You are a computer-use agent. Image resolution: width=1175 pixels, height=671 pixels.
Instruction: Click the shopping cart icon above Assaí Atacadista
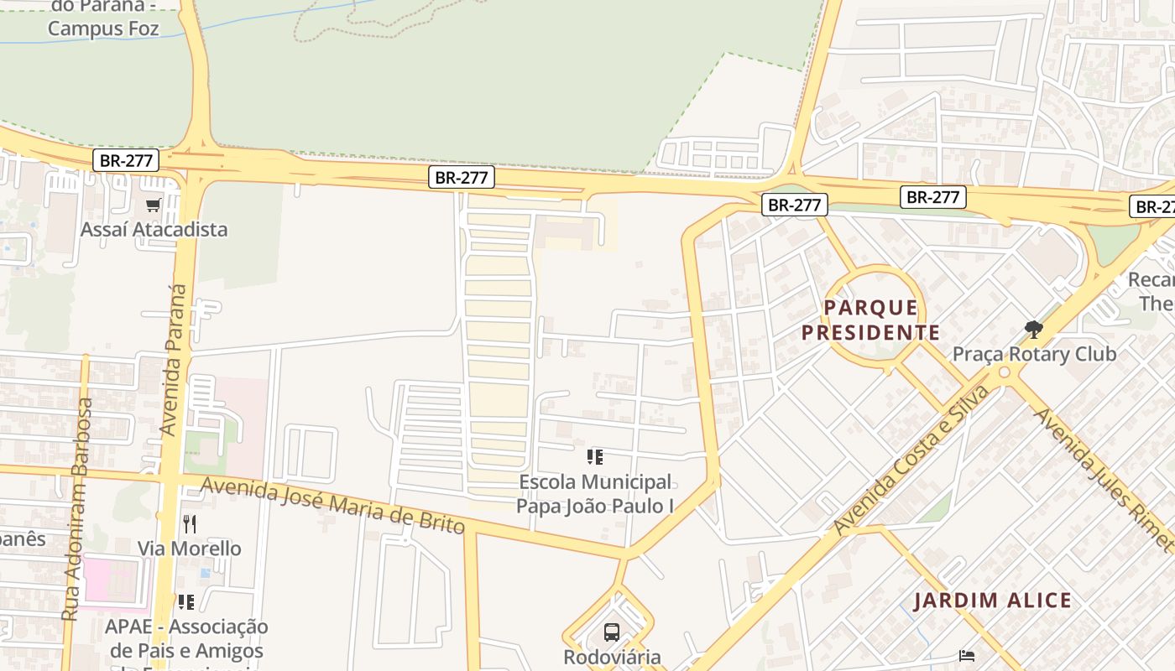coord(153,205)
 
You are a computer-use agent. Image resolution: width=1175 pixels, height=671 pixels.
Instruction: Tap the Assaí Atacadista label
coord(154,229)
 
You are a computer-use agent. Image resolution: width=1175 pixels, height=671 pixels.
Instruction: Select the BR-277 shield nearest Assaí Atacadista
coord(126,160)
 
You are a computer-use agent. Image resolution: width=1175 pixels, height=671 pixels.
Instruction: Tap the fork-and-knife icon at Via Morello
coord(190,524)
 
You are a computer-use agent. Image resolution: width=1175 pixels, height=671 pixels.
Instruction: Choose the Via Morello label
coord(190,549)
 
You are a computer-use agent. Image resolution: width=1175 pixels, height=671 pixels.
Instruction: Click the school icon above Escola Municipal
coord(595,457)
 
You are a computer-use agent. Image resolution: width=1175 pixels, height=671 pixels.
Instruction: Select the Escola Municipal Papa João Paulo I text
coord(595,494)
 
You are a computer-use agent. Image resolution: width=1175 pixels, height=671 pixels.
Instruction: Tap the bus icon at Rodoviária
coord(612,632)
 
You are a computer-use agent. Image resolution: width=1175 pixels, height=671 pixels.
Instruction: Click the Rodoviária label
coord(612,657)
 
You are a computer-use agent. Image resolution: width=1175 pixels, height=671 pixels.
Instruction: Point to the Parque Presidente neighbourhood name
coord(870,320)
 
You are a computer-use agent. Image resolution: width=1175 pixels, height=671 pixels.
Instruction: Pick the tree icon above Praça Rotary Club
coord(1034,330)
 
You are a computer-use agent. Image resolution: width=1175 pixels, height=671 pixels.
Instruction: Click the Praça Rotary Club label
coord(1034,354)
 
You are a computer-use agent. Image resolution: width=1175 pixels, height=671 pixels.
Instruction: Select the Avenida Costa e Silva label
coord(912,460)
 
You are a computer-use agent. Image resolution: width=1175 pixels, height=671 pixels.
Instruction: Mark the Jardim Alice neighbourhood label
coord(992,601)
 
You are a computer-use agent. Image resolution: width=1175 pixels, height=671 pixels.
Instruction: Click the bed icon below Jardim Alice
coord(968,655)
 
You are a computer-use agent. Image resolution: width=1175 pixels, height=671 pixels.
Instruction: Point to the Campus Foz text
coord(103,28)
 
